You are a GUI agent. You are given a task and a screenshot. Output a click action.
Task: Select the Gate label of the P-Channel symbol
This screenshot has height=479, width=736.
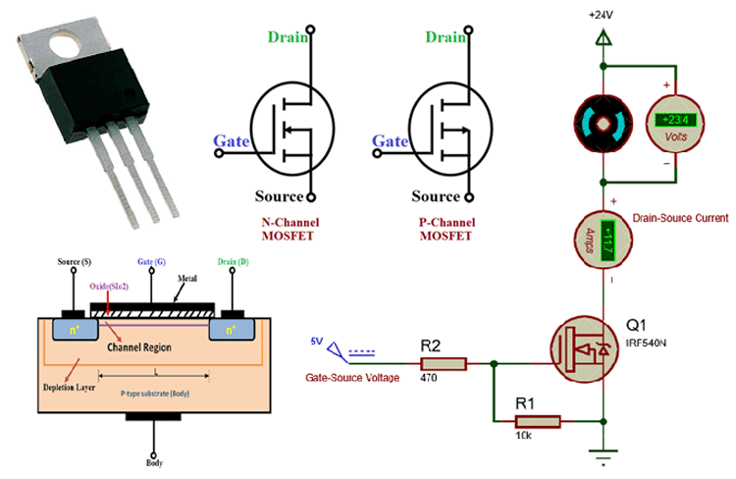(x=391, y=142)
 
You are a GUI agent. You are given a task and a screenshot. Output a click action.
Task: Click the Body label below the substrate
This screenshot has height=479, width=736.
(x=153, y=462)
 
